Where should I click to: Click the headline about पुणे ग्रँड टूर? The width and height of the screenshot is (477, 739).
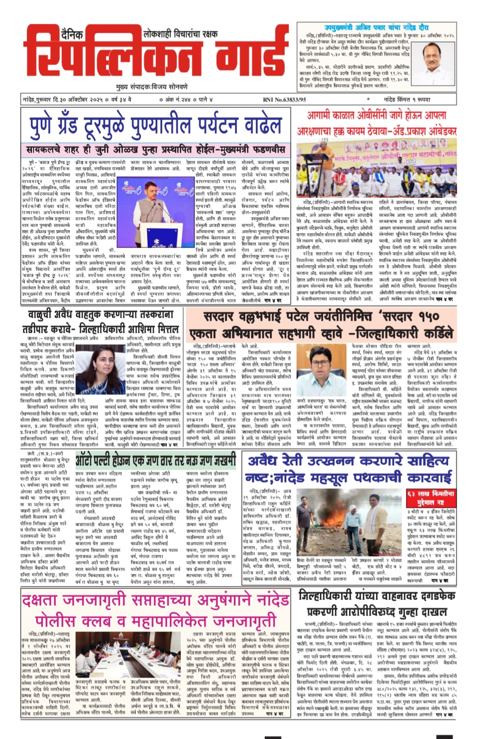156,126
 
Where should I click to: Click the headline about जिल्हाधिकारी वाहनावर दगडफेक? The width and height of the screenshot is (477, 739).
377,604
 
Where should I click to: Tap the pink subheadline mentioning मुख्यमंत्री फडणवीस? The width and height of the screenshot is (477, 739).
156,148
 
